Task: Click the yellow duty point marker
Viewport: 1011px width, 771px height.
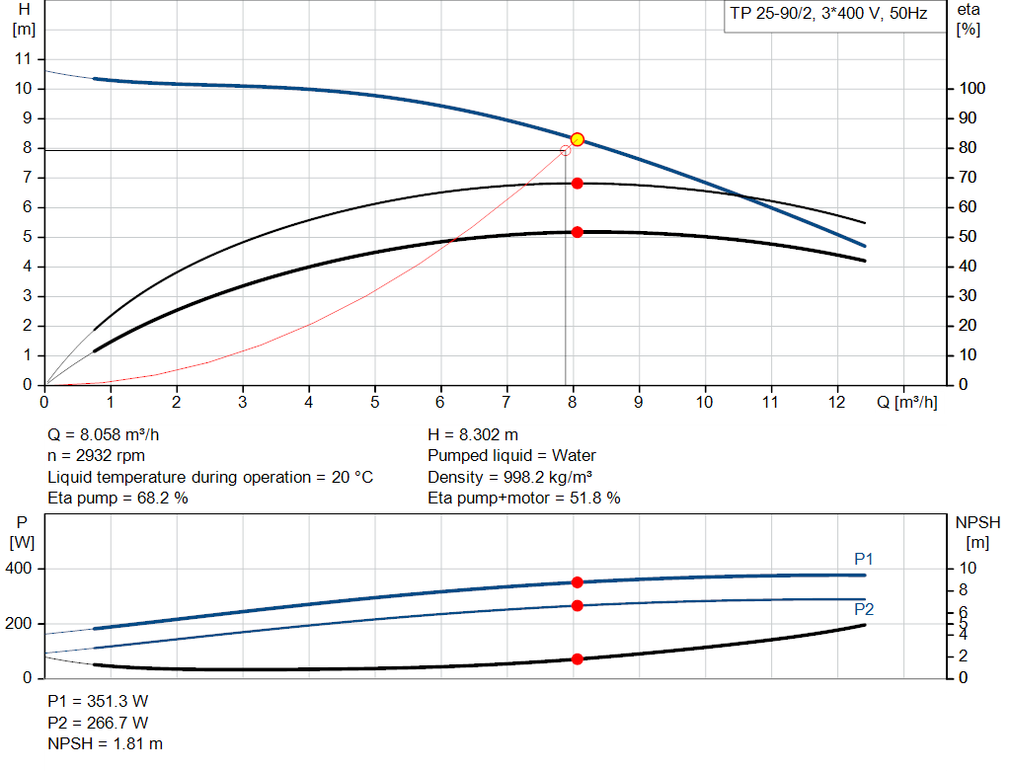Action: tap(578, 139)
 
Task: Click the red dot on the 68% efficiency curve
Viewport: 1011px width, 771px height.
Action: tap(578, 183)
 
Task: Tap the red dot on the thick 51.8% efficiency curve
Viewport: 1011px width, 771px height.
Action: tap(578, 232)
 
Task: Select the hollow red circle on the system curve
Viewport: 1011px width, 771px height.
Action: tap(566, 150)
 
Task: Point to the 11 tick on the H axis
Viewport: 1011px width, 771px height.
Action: tap(26, 59)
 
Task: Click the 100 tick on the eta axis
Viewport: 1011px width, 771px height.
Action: tap(972, 89)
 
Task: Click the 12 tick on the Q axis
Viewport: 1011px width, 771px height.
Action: tap(837, 403)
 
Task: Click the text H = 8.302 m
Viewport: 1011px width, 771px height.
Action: tap(473, 434)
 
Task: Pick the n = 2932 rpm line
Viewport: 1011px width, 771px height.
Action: tap(96, 455)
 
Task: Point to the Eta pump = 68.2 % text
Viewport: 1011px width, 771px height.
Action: tap(117, 498)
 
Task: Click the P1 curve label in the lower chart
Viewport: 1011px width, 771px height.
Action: tap(864, 560)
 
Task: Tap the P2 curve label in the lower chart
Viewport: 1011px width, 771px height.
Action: tap(864, 609)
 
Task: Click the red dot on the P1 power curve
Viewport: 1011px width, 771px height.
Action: tap(578, 582)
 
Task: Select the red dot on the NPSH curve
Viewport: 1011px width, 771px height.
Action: tap(578, 658)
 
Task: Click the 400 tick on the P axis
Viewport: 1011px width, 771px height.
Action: tap(23, 569)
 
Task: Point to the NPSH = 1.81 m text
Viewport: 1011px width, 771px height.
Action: tap(106, 743)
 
